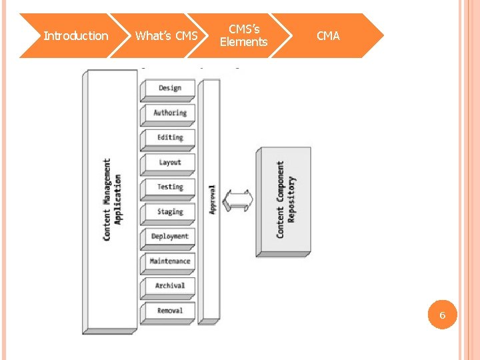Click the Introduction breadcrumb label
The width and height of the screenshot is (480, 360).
click(x=75, y=36)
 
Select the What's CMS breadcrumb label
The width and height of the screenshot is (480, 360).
click(x=166, y=36)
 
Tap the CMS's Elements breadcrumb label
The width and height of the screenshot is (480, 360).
click(x=243, y=35)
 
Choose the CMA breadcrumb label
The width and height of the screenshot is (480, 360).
click(x=327, y=36)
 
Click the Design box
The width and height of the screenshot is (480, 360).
click(x=169, y=88)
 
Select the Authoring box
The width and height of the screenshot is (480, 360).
click(x=169, y=113)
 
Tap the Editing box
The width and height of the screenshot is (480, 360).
click(x=169, y=137)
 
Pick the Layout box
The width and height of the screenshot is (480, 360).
click(x=169, y=162)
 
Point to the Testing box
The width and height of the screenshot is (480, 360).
click(x=169, y=187)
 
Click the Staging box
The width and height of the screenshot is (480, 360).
click(x=169, y=211)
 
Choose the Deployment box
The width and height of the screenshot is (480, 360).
click(x=169, y=236)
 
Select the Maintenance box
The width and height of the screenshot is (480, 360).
click(x=169, y=261)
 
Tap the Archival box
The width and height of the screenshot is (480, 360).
click(x=169, y=285)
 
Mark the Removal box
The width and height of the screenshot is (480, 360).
click(x=169, y=310)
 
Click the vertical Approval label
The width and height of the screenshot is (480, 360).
click(x=212, y=199)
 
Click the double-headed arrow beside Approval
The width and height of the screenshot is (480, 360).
click(x=238, y=199)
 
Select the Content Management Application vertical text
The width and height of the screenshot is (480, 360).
click(x=111, y=199)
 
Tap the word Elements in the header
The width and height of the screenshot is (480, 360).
click(x=243, y=42)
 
